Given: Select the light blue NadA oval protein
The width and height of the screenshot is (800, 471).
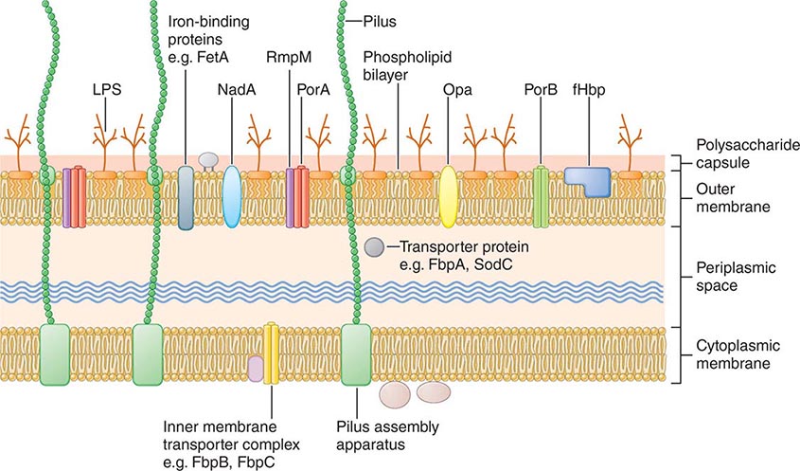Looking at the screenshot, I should pos(231,196).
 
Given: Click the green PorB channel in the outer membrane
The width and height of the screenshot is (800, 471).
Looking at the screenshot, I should pos(541,196).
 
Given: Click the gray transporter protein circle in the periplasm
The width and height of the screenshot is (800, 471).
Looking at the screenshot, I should pos(374,247).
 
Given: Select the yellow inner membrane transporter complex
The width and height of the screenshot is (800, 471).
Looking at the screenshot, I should pos(271,353).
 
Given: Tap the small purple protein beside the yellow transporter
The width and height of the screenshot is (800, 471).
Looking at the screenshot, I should pos(255,368).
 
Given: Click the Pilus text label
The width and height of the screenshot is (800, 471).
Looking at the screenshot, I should pos(380,19).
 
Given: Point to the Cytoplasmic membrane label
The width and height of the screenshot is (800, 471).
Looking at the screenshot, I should pos(738,353).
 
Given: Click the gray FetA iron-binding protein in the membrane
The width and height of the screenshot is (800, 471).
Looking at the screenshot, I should pos(186,197).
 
